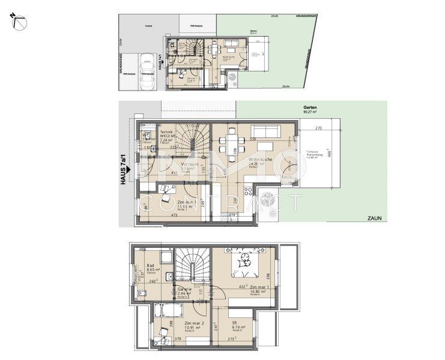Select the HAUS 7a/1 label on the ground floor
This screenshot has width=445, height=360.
124,170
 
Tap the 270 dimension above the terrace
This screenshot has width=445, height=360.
319,128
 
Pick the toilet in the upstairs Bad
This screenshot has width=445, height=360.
141,292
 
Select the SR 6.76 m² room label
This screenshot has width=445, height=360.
236,325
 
